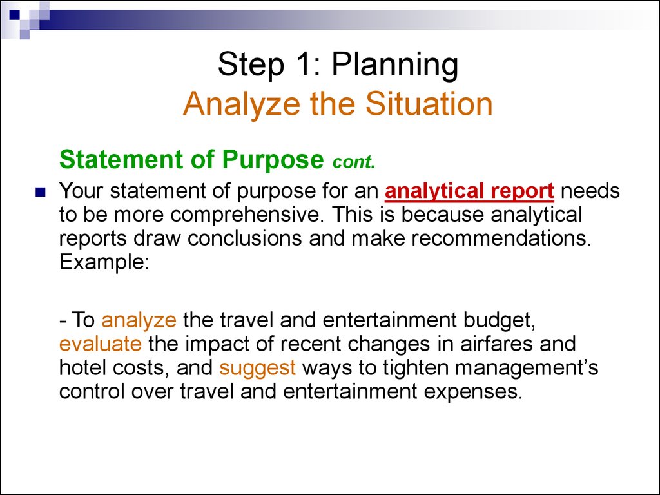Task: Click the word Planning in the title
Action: [x=395, y=66]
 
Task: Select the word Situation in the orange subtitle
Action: [x=429, y=104]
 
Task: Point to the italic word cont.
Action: [x=354, y=162]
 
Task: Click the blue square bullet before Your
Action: [x=41, y=192]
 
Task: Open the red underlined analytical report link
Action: [x=469, y=191]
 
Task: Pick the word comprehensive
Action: [x=244, y=215]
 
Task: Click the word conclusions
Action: [x=244, y=238]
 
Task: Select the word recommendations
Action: [x=501, y=238]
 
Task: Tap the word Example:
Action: [x=104, y=262]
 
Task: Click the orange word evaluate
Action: [x=100, y=344]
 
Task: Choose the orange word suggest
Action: [x=257, y=369]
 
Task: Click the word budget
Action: [x=500, y=321]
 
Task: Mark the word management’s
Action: [x=527, y=369]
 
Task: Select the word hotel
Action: [x=82, y=367]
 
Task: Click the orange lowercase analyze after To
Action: [x=139, y=321]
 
